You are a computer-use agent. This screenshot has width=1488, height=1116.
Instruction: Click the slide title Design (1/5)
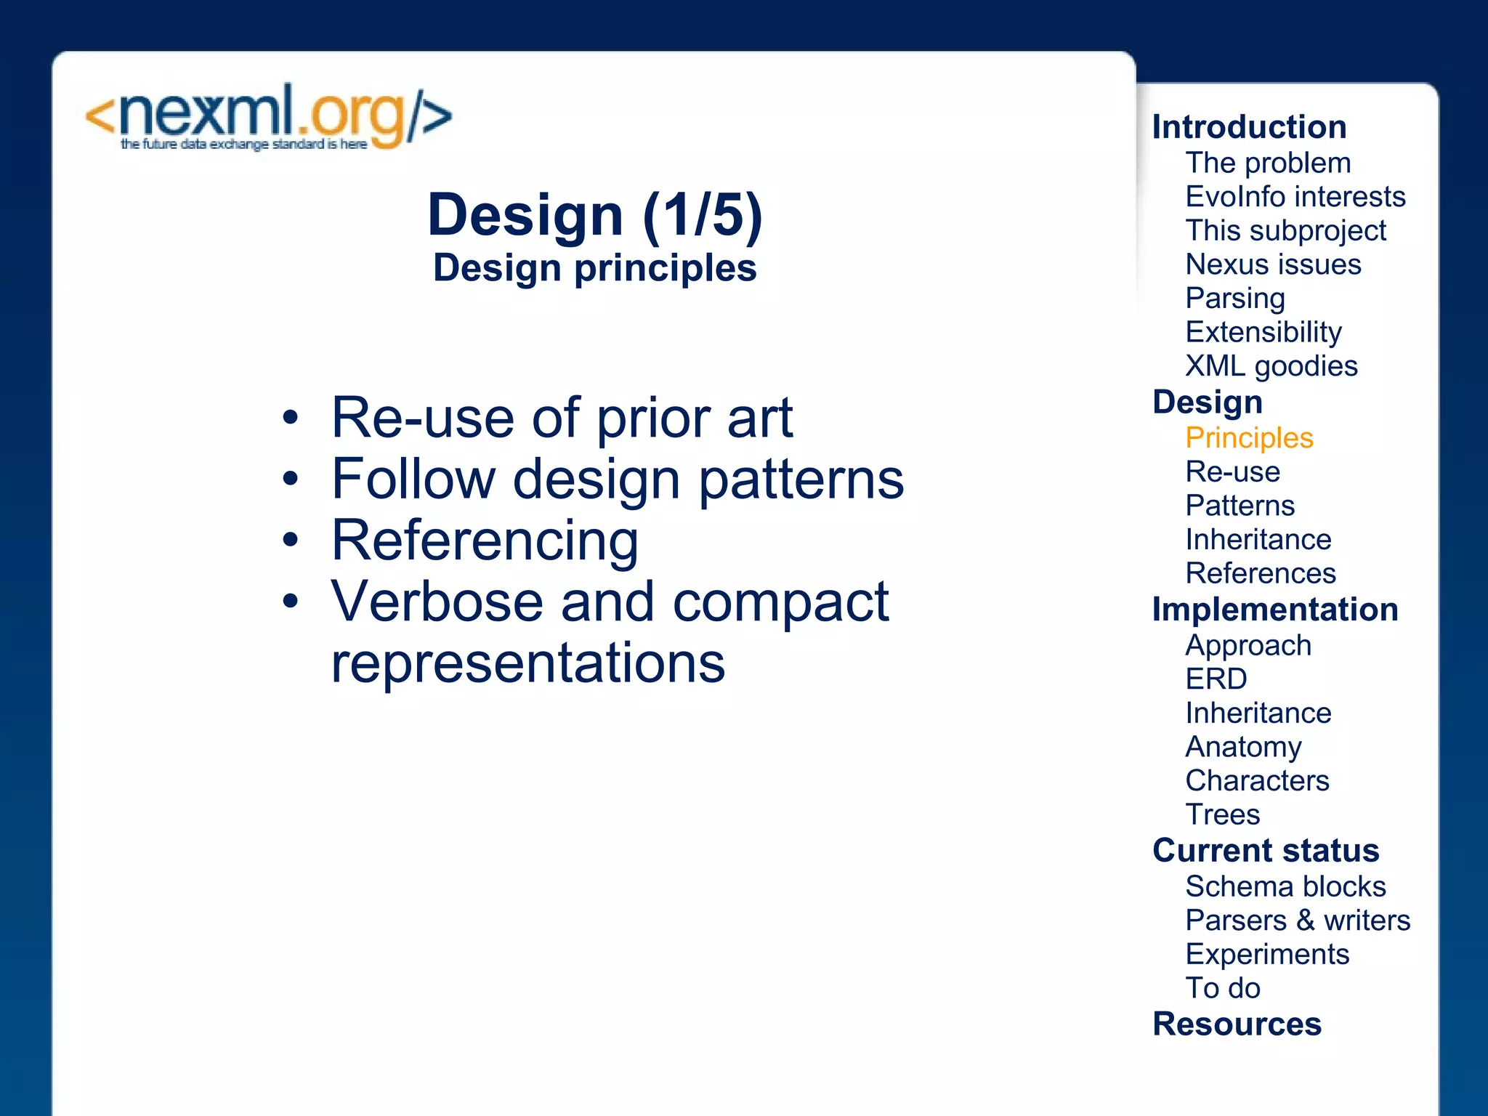click(594, 215)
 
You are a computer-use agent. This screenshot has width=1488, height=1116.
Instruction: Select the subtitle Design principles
click(594, 268)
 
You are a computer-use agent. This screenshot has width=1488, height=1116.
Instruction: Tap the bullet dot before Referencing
click(291, 540)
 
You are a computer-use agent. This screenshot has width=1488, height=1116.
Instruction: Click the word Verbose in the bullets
click(437, 602)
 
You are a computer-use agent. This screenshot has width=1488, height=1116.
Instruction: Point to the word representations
click(527, 663)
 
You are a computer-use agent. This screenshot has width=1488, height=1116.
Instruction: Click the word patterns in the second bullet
click(801, 480)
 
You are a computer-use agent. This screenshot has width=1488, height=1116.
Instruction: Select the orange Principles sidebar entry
click(1249, 438)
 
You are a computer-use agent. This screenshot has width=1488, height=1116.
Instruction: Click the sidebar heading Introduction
click(1249, 127)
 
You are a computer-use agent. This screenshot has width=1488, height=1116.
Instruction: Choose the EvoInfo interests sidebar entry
click(1295, 197)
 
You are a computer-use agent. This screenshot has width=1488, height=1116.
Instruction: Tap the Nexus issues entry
click(1273, 264)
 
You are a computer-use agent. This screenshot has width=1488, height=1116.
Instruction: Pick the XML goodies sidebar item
click(1271, 366)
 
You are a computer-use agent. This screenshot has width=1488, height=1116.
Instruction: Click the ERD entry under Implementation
click(1216, 679)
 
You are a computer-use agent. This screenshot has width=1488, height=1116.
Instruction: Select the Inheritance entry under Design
click(1258, 540)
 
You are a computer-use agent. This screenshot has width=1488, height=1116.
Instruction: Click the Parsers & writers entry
click(1297, 921)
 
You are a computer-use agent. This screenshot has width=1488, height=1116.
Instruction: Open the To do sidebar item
click(1222, 988)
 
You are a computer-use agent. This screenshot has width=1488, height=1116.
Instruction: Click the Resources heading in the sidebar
click(1237, 1024)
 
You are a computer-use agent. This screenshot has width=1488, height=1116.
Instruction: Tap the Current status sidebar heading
click(1265, 851)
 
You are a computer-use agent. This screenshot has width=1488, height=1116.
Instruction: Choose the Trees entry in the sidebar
click(1222, 814)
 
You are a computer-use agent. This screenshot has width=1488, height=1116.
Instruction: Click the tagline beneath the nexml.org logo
click(243, 145)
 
